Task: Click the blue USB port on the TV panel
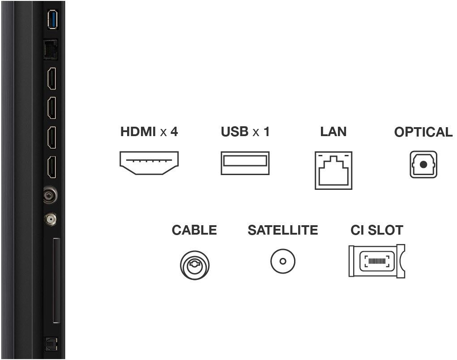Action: [53, 20]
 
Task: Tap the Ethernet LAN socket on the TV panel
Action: [51, 50]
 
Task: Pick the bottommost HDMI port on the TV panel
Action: [52, 167]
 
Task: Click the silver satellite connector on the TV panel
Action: [51, 219]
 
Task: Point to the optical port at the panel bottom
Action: [51, 344]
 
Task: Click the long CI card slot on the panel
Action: [56, 281]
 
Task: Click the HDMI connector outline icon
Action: [149, 163]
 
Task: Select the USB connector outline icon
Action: [245, 163]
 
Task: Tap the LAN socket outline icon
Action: [333, 170]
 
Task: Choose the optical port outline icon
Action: [423, 164]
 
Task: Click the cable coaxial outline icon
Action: [195, 265]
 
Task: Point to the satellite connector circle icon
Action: [283, 261]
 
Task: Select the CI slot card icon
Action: [377, 261]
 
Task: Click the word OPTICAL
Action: [423, 132]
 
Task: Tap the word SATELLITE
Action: [283, 230]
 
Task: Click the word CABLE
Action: [194, 230]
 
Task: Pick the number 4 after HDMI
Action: [174, 132]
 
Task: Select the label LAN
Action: [333, 132]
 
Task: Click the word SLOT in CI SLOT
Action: [385, 230]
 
